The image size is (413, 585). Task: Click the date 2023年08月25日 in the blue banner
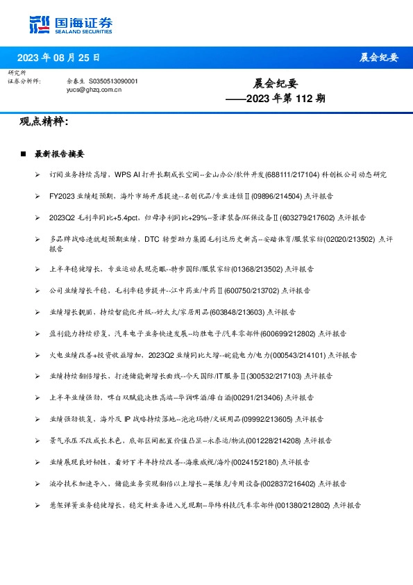coord(58,58)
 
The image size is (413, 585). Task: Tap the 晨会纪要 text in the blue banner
coord(379,58)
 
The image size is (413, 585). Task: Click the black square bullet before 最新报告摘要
coord(23,154)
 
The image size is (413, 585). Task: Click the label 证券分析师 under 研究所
coord(24,81)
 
